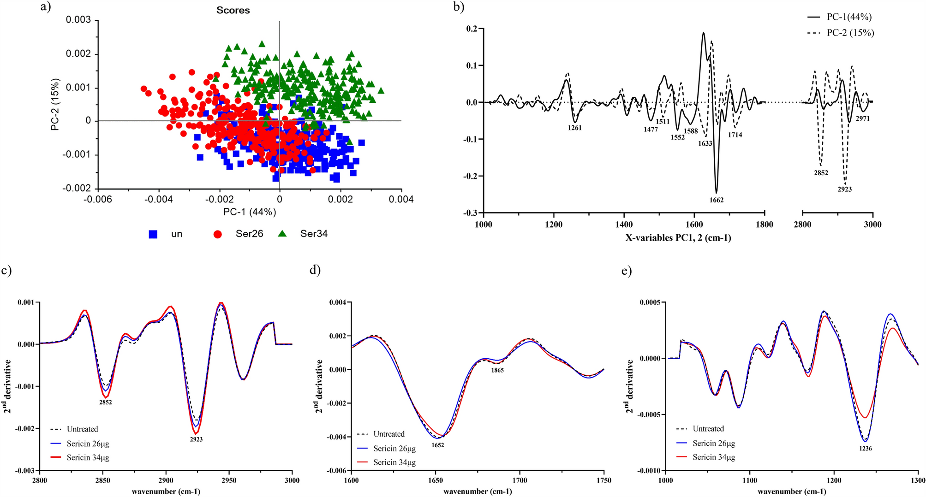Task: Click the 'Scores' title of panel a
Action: pos(233,10)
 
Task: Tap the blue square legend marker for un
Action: pos(153,234)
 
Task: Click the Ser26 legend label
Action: pos(249,234)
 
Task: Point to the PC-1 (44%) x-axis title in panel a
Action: pos(250,212)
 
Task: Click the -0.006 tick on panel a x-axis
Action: pos(98,199)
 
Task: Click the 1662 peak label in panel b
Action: pos(717,200)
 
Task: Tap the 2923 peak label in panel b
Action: pos(845,189)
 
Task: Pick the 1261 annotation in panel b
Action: pos(575,128)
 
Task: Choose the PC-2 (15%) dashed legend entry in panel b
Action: pos(841,33)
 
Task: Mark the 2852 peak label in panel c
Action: pos(105,402)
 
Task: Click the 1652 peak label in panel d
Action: pos(438,445)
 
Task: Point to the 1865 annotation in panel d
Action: pos(497,370)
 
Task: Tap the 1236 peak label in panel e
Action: pos(866,448)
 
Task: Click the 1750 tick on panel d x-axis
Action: pos(603,480)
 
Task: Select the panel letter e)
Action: pos(626,271)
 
